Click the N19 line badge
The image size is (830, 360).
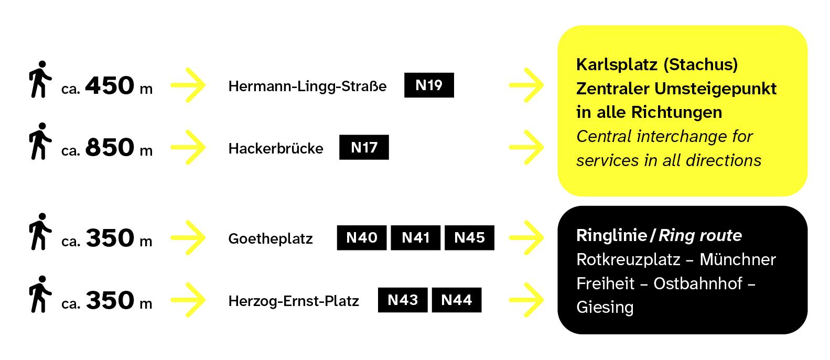pos(429,85)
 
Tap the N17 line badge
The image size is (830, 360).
pos(364,147)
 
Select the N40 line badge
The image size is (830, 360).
pos(362,238)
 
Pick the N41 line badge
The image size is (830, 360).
pos(415,238)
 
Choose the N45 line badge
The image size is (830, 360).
pos(469,238)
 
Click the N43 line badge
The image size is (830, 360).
pos(403,300)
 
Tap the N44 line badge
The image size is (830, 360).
pos(457,300)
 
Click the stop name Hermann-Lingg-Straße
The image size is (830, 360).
pos(307,86)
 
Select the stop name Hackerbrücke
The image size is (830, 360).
pos(276,148)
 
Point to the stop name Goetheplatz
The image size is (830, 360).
pos(271,239)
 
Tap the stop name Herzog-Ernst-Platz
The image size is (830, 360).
pos(294,301)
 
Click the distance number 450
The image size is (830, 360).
pos(110,85)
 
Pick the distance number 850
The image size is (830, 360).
pos(110,147)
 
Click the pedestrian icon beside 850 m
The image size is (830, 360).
pos(40,141)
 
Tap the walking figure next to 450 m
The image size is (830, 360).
pos(40,79)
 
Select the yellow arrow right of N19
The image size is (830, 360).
pos(526,85)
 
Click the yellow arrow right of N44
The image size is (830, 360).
pos(526,300)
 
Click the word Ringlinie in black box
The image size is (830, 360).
pos(611,236)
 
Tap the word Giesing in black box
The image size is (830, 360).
pos(605,308)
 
